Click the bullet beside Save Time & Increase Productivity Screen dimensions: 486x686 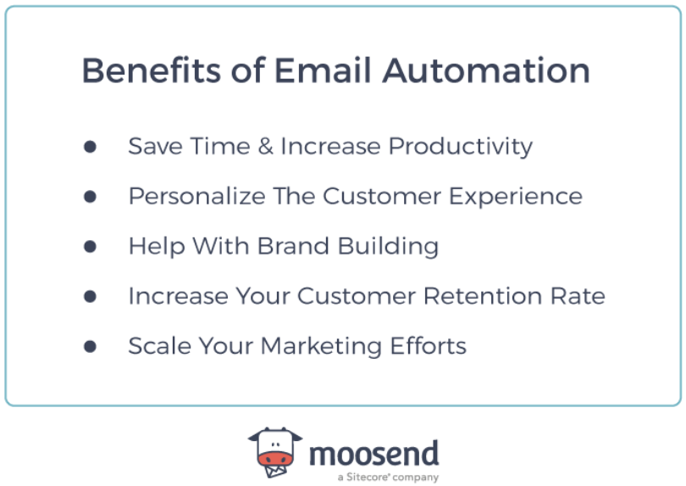(x=90, y=147)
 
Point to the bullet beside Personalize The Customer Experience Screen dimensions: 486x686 (x=90, y=197)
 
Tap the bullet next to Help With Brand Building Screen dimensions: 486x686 (x=90, y=247)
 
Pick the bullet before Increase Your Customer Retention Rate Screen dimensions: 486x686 (x=90, y=297)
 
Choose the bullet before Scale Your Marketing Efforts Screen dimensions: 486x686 (x=90, y=346)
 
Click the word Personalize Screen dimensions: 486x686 (x=196, y=197)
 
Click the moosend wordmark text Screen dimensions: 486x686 (x=373, y=453)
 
